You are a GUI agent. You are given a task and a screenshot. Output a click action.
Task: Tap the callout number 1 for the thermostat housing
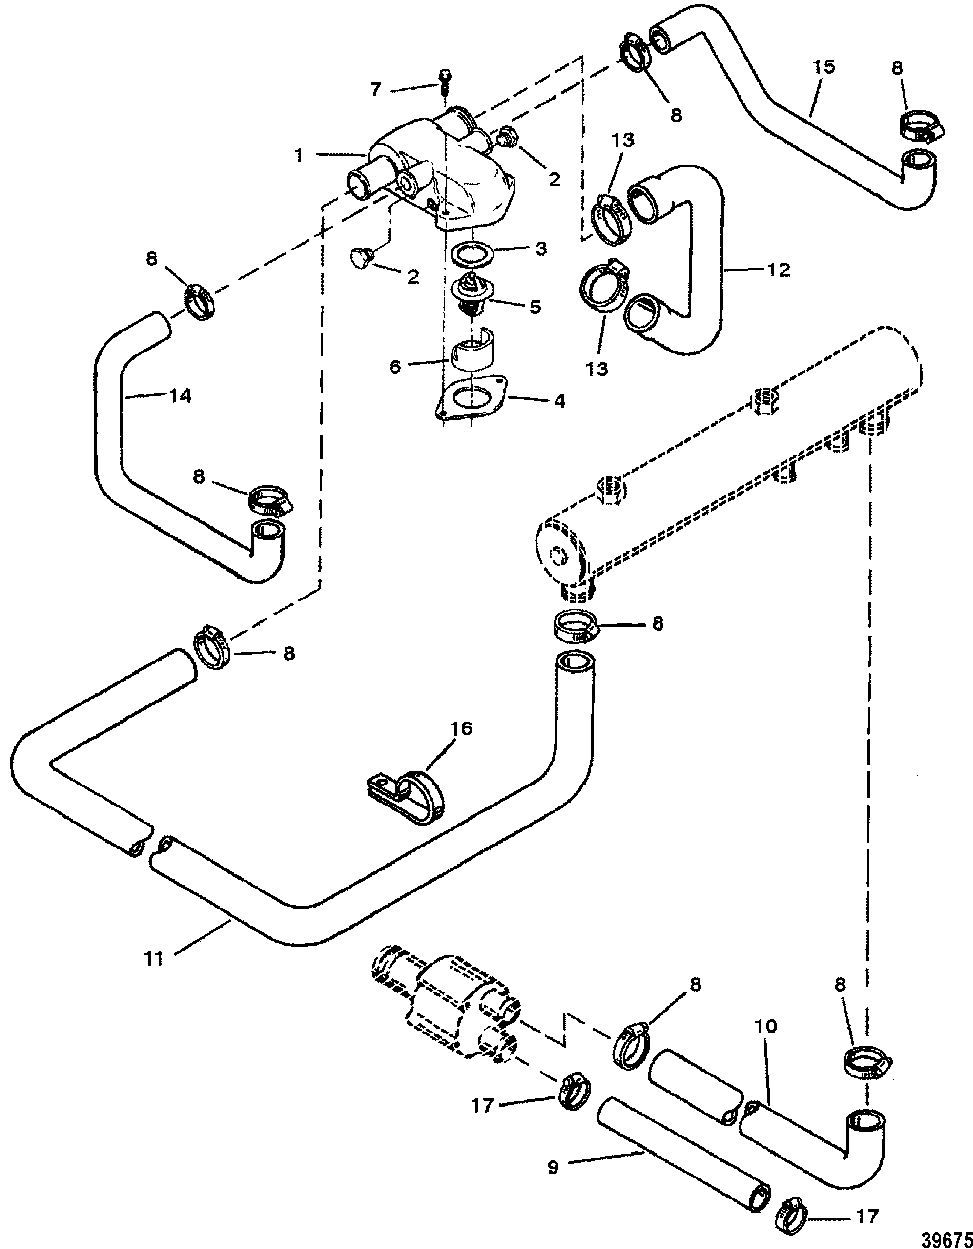tap(299, 155)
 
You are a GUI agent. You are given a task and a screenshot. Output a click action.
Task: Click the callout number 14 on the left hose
tap(181, 395)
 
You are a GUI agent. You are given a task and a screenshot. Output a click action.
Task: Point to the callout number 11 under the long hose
tap(153, 958)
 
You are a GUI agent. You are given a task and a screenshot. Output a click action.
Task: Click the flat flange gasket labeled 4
tap(472, 398)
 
